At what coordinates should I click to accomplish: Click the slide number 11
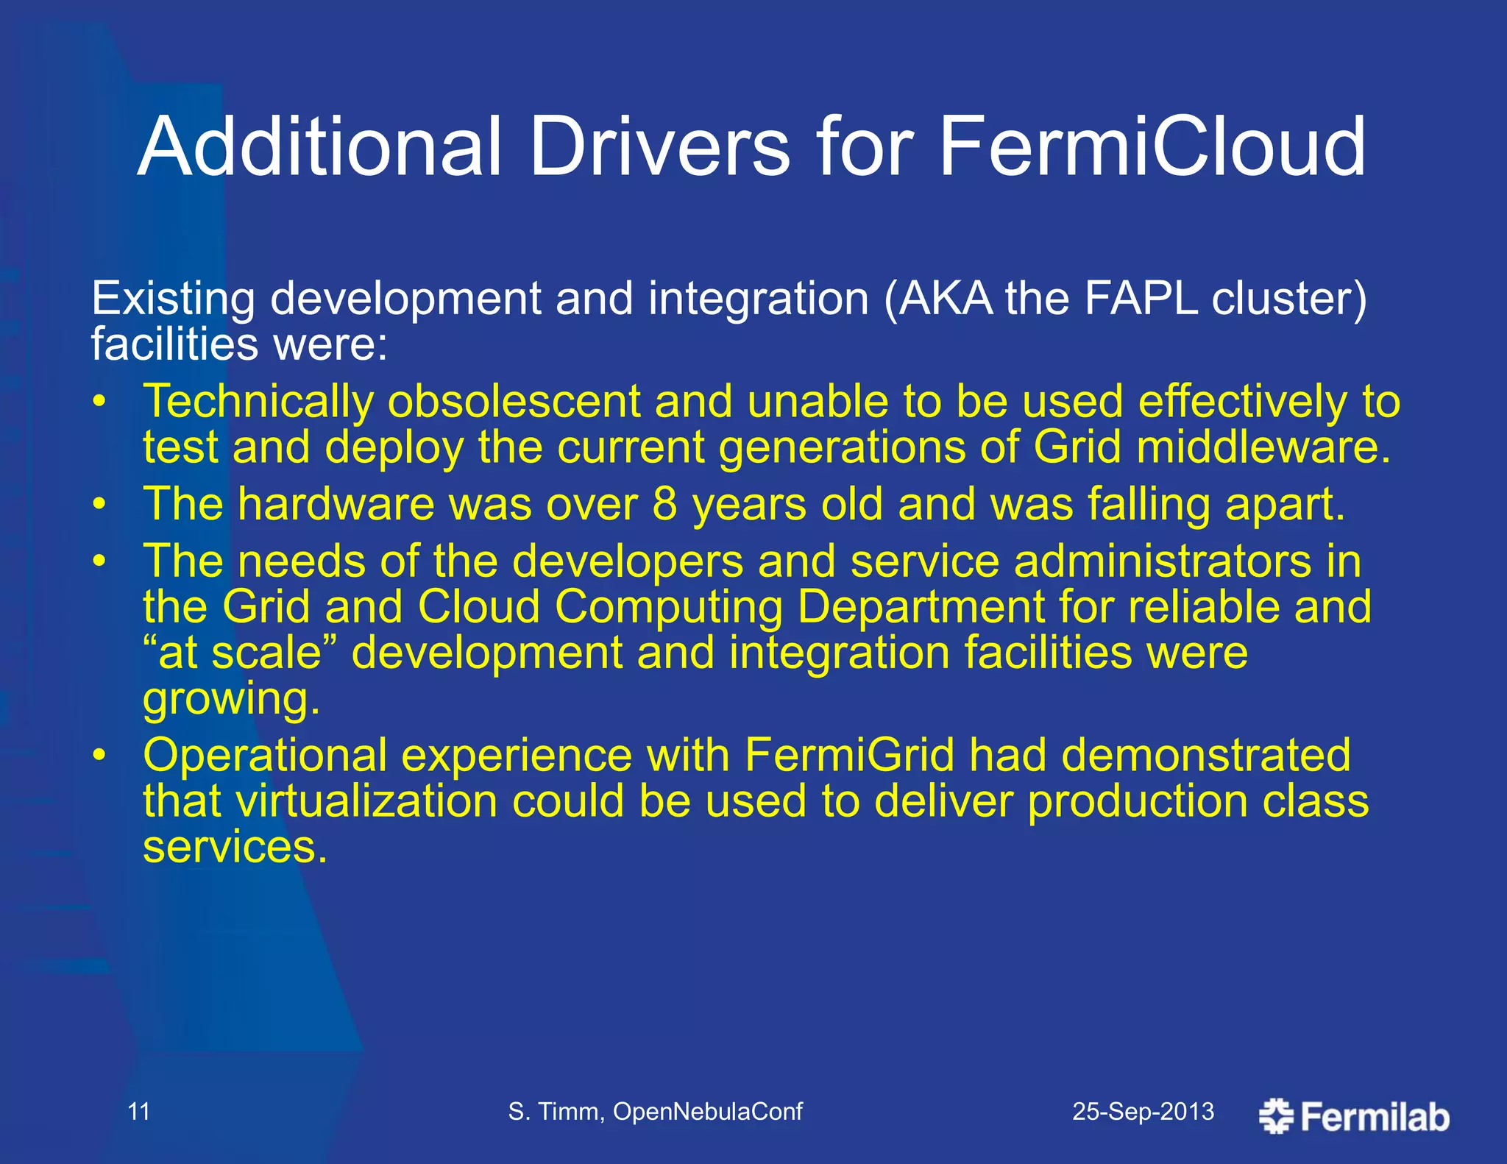click(138, 1111)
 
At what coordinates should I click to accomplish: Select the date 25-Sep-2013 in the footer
click(1143, 1111)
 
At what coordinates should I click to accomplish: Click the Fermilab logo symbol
click(1276, 1116)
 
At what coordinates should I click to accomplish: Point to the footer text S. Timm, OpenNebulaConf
click(655, 1111)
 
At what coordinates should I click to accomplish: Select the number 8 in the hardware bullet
click(664, 505)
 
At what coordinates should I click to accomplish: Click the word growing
click(231, 699)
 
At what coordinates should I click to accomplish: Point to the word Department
click(921, 607)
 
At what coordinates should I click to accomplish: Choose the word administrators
click(1163, 561)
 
